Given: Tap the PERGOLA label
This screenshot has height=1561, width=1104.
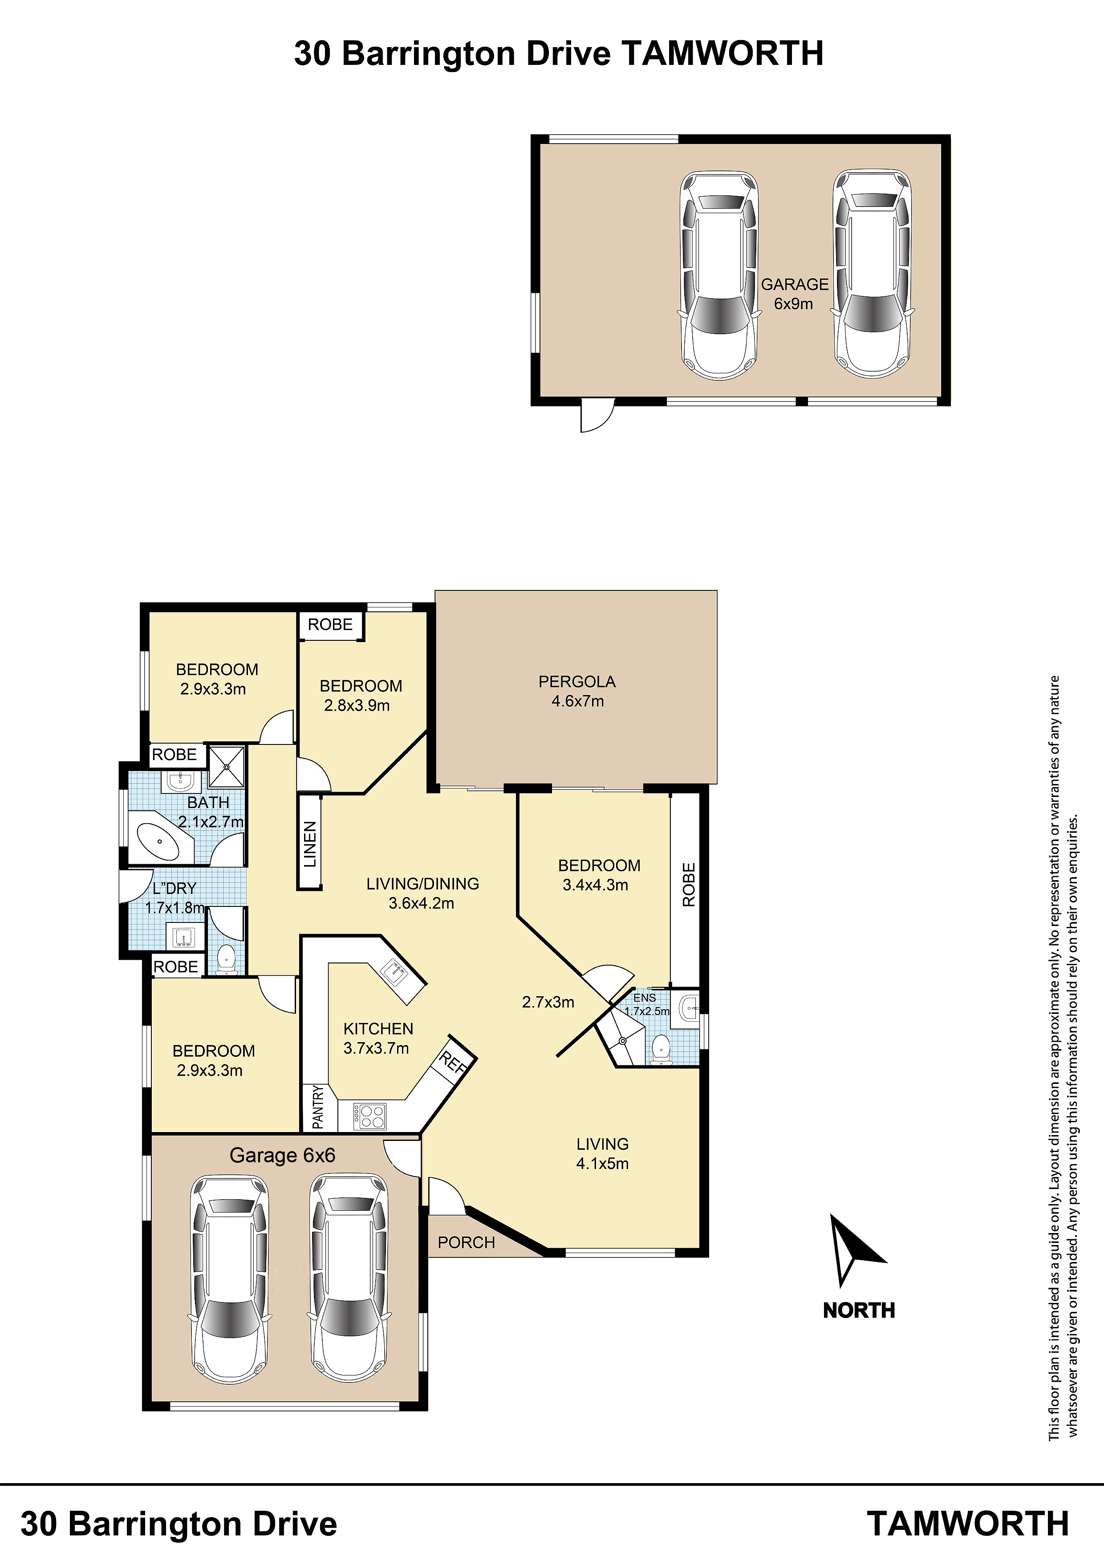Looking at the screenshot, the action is [577, 681].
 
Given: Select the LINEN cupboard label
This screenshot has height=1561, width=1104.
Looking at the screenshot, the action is [309, 844].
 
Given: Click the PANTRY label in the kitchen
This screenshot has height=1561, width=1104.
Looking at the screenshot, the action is [318, 1108].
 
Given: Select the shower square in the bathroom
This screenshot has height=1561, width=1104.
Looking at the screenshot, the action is [226, 767].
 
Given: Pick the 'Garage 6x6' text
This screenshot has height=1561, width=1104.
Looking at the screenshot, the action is [282, 1155].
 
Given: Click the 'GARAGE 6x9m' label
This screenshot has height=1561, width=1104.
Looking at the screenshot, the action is [795, 294].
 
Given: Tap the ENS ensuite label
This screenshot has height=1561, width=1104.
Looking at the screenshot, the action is [645, 997].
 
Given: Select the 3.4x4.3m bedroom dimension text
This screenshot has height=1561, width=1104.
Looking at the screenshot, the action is [595, 885].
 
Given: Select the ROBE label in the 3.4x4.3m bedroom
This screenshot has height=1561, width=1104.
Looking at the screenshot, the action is [688, 885].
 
